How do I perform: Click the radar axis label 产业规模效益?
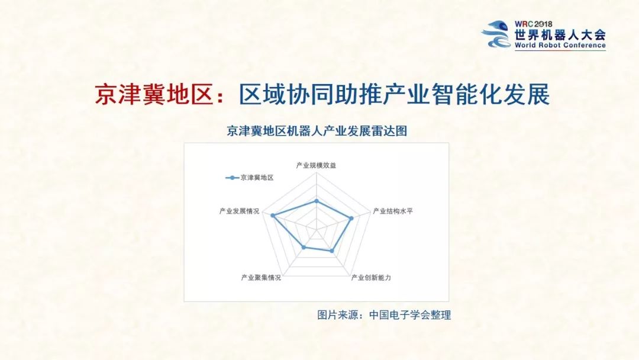[316, 165]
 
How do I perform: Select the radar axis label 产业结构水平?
[392, 211]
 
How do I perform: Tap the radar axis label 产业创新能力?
[371, 277]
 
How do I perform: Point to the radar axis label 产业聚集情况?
[261, 277]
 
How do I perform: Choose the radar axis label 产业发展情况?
[239, 211]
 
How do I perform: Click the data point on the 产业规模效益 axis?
[317, 201]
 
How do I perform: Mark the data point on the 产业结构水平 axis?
[351, 218]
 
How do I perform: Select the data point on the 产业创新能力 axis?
[332, 251]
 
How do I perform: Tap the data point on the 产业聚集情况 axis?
[304, 247]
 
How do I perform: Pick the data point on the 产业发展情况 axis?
[273, 216]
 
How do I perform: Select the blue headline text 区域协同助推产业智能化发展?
[394, 95]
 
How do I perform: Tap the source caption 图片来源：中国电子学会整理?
[384, 315]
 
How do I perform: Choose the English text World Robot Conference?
[560, 46]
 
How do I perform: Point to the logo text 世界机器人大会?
[560, 34]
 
